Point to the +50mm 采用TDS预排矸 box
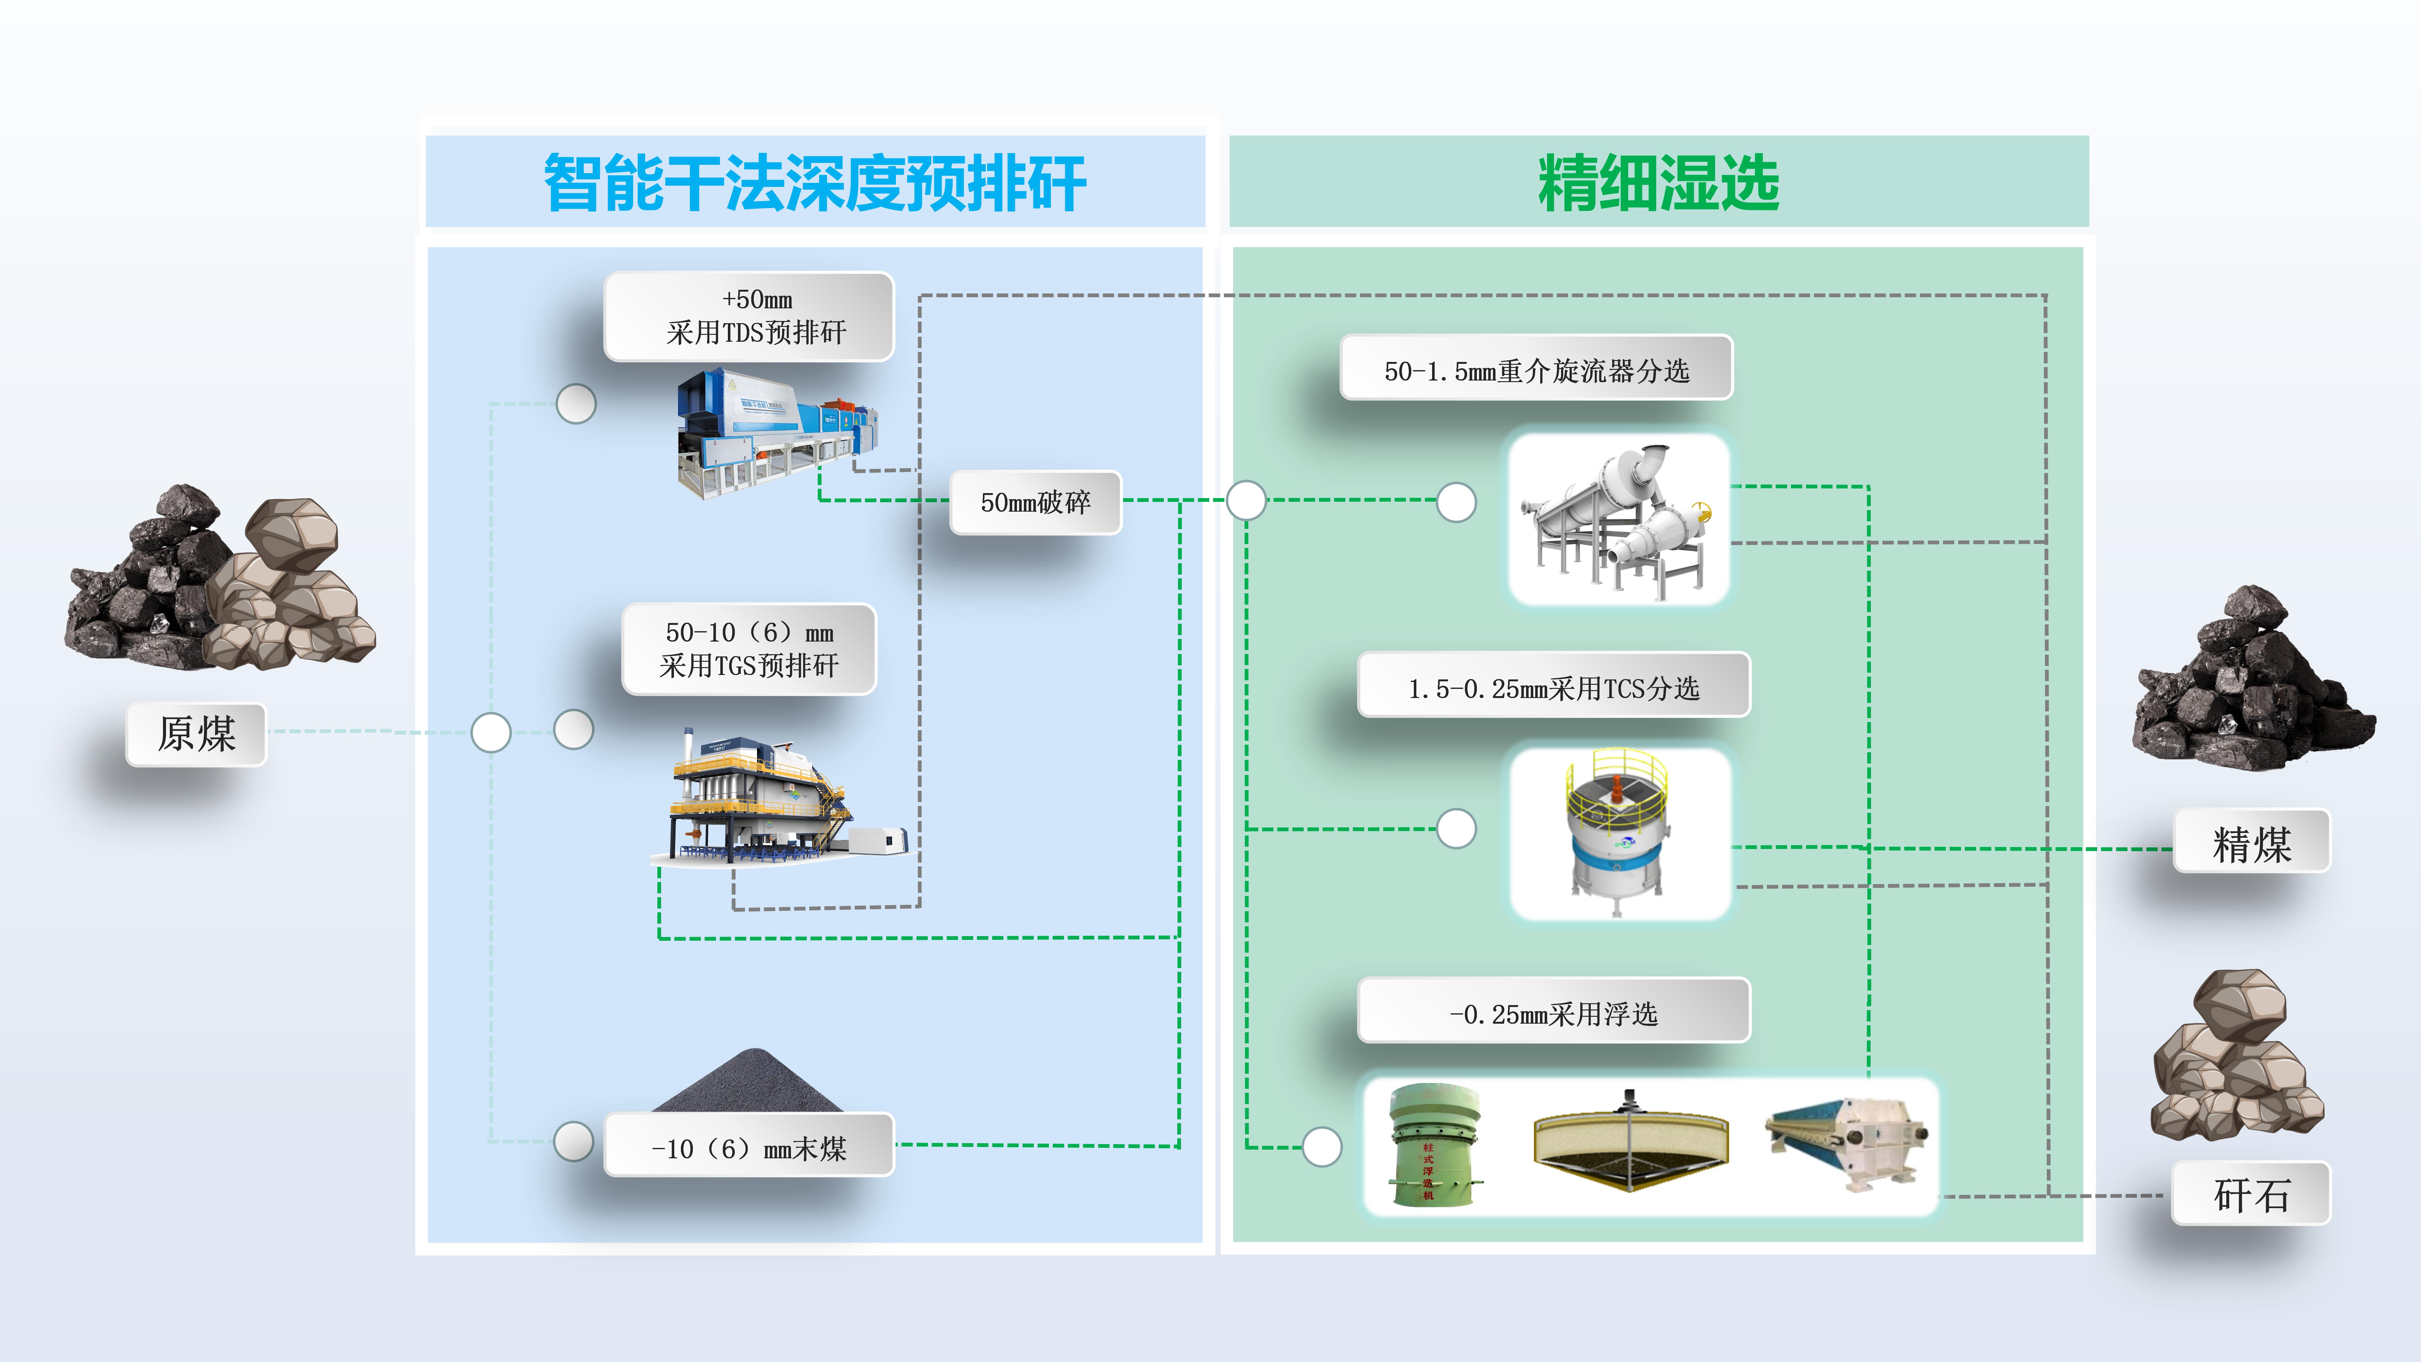click(x=749, y=317)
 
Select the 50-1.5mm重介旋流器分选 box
click(x=1537, y=370)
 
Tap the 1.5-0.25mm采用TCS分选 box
click(x=1553, y=687)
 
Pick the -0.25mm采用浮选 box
click(x=1553, y=1012)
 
